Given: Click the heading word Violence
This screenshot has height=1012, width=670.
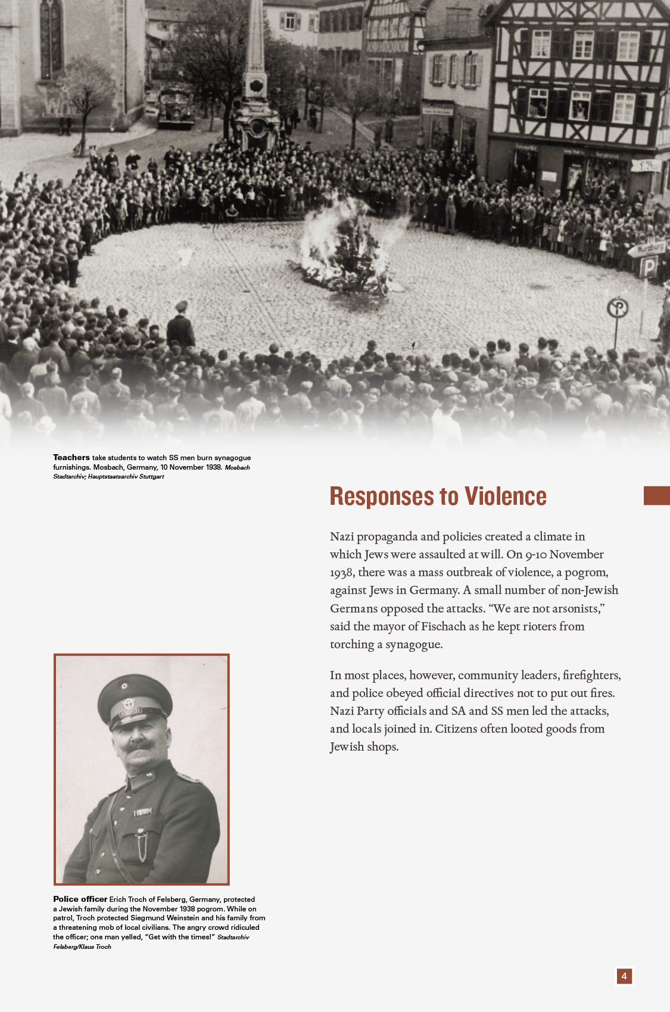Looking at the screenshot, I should click(505, 496).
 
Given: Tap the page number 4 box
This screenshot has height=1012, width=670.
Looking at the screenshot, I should click(624, 976).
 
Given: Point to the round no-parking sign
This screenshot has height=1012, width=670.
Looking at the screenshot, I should click(618, 308).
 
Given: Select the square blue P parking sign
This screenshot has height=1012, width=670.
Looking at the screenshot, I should click(648, 267).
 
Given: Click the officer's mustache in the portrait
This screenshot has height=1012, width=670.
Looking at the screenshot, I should click(138, 745).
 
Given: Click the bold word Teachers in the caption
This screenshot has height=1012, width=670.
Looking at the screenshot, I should click(71, 457).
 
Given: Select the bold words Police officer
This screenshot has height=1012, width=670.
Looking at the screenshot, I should click(80, 899).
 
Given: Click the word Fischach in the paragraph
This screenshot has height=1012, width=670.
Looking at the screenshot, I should click(444, 626).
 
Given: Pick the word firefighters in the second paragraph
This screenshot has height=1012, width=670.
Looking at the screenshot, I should click(591, 675).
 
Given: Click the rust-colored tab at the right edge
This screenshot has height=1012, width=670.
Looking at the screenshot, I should click(656, 495).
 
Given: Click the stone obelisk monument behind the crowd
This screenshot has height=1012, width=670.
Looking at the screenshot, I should click(256, 71).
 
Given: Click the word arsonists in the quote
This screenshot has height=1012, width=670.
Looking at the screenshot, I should click(578, 608).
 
